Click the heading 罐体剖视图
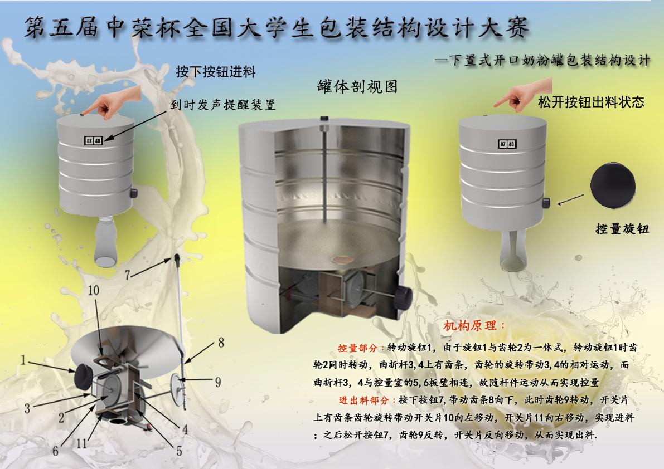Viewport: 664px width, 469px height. [357, 87]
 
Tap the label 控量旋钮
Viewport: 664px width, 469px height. [622, 229]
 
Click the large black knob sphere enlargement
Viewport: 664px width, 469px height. [613, 186]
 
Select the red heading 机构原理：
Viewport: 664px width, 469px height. [474, 326]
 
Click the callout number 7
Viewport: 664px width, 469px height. [128, 275]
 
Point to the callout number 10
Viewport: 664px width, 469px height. [94, 290]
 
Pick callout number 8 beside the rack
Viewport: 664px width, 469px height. [221, 343]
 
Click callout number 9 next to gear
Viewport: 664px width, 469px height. [217, 382]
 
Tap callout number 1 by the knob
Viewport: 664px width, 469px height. [24, 360]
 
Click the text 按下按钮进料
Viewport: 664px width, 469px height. [216, 72]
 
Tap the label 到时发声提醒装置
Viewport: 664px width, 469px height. [223, 105]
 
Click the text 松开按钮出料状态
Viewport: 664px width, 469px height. [591, 102]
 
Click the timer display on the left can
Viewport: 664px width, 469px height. [93, 140]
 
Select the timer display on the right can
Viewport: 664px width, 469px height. [507, 144]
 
